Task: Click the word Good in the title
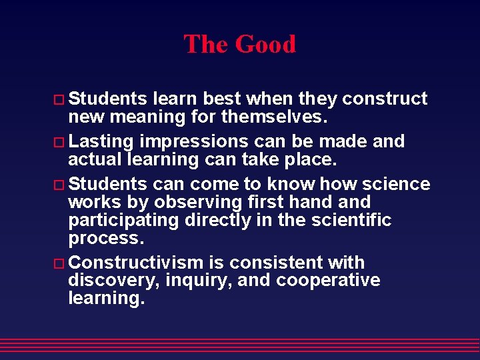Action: pyautogui.click(x=265, y=45)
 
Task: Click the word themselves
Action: pyautogui.click(x=274, y=117)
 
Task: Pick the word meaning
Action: pyautogui.click(x=143, y=117)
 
